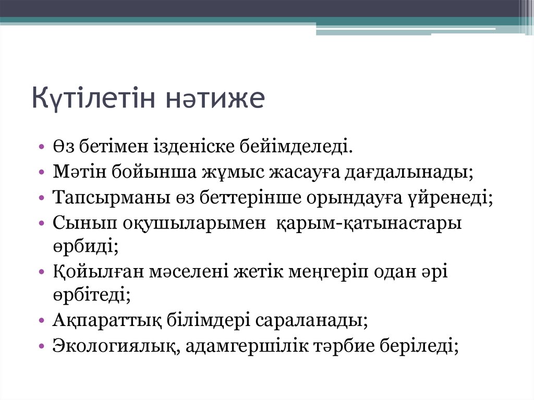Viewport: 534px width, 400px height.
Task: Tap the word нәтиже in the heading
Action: coord(223,98)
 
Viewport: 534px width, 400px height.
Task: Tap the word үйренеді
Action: coord(453,198)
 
